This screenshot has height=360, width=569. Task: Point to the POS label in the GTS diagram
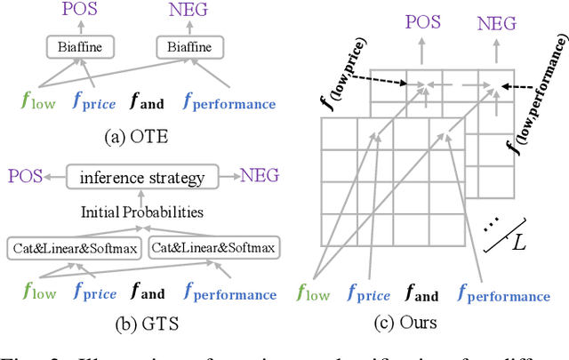(26, 177)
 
